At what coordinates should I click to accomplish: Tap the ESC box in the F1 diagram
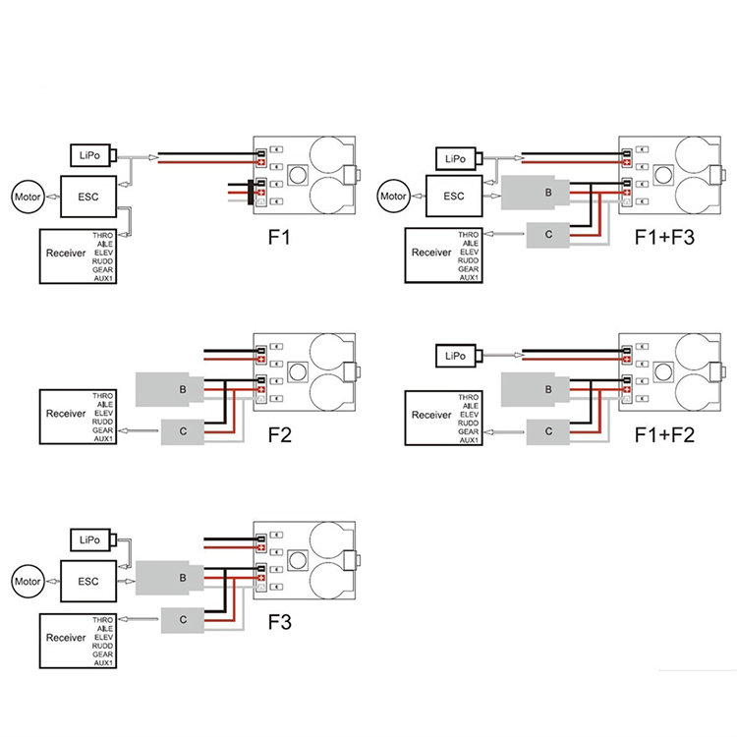[87, 196]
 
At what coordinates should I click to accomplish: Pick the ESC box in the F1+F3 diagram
[453, 196]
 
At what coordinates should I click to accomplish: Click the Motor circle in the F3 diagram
[28, 581]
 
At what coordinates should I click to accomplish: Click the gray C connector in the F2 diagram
[183, 429]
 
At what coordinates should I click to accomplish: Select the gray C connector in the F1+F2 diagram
[547, 429]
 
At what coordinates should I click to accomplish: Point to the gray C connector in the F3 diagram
[184, 619]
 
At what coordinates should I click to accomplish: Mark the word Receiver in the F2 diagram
[65, 413]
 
